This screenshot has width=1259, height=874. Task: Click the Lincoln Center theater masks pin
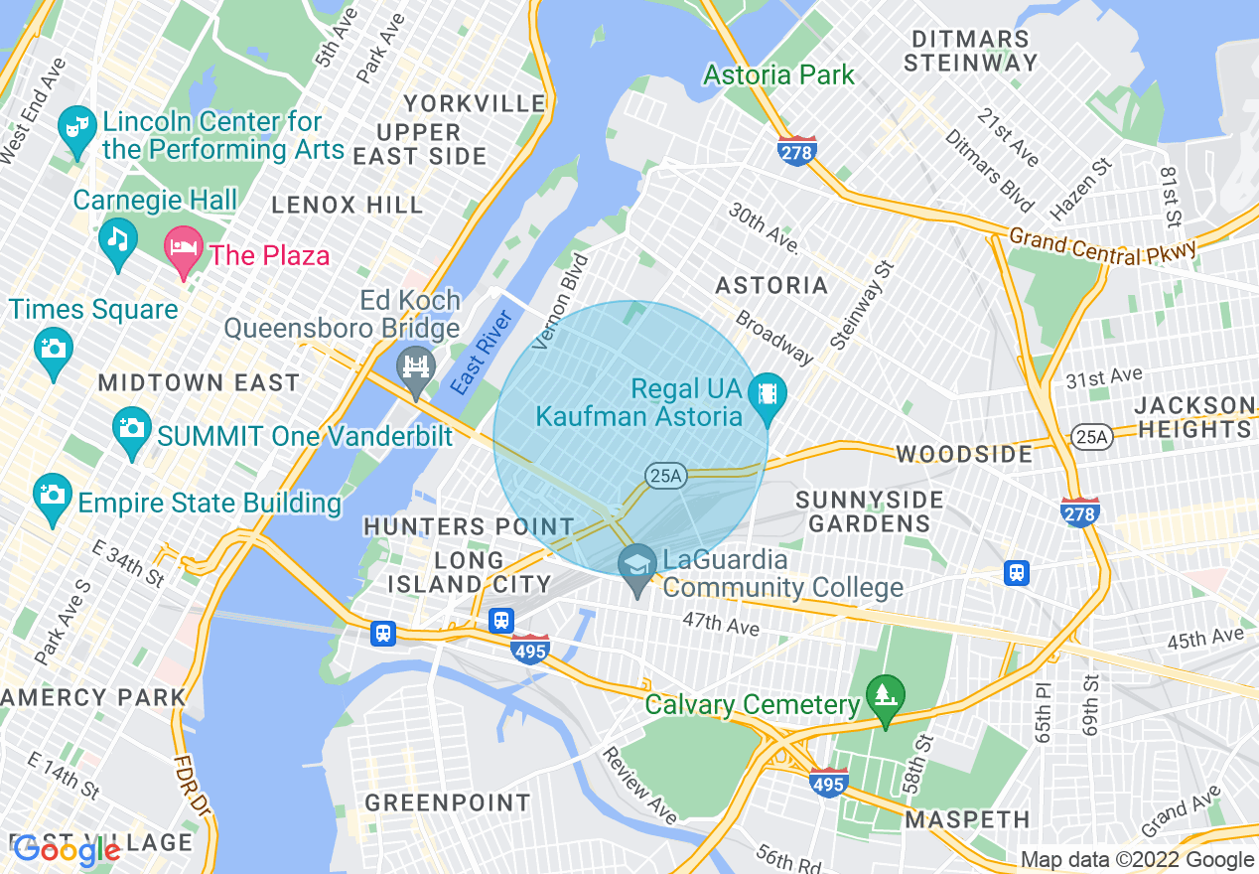[76, 129]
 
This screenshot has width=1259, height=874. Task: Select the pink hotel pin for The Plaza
[183, 247]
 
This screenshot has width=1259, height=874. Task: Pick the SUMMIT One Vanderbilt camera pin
[131, 429]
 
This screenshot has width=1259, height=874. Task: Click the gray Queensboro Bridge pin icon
[415, 365]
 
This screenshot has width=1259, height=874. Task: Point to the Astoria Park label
[778, 74]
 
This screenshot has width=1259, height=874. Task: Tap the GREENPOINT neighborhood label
[447, 802]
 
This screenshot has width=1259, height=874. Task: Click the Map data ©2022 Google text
[1137, 860]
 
